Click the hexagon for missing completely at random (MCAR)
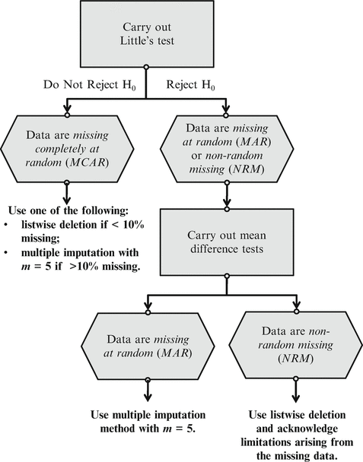(68, 147)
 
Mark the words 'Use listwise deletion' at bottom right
(301, 416)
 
